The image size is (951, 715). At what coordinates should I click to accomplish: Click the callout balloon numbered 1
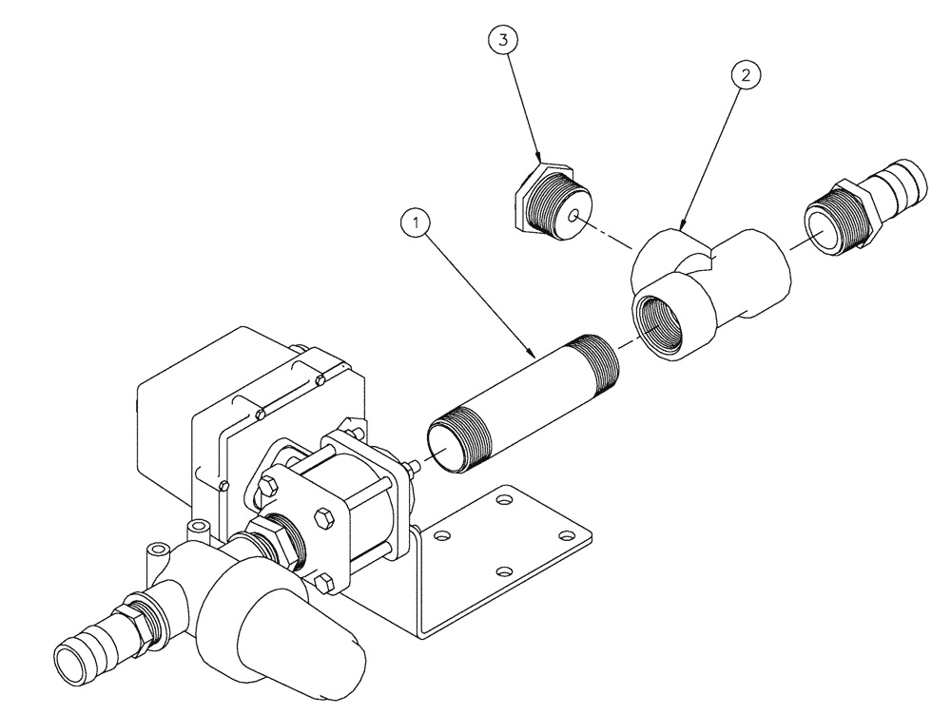[415, 224]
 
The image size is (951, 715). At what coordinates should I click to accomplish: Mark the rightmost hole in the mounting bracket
[567, 537]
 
